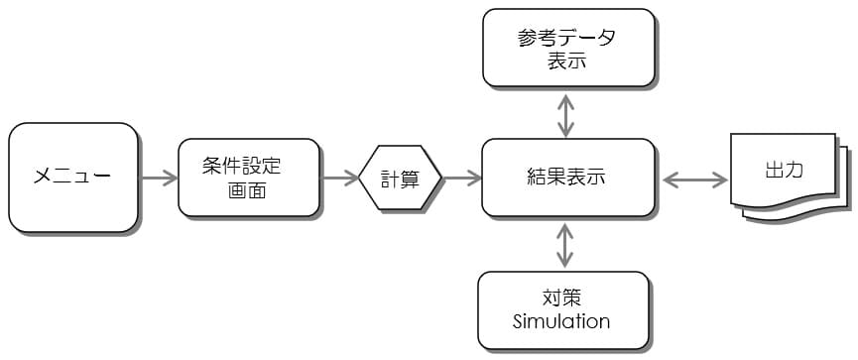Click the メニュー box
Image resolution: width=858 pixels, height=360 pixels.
tap(72, 178)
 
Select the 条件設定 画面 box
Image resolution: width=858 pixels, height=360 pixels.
tap(250, 179)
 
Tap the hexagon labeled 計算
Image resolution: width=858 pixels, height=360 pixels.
tap(400, 179)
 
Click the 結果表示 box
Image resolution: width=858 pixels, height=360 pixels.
tap(567, 179)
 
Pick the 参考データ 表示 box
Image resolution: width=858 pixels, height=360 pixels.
tap(567, 48)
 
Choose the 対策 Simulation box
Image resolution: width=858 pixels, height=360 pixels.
tap(562, 310)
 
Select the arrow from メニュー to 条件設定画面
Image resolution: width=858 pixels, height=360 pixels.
tap(158, 179)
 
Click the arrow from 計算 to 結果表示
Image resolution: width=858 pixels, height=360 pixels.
tap(461, 179)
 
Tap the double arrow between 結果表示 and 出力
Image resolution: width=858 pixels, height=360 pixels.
tap(693, 180)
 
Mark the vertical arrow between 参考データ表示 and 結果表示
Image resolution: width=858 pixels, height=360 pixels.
tap(565, 115)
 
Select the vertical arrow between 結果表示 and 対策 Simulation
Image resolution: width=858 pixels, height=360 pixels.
tap(565, 244)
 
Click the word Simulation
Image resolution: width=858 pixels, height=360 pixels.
tap(561, 322)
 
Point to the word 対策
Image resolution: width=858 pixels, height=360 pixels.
tap(561, 298)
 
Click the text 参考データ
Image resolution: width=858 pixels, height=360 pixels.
tap(566, 37)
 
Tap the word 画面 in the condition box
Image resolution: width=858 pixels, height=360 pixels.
tap(248, 190)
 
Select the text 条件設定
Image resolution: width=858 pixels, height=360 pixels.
tap(249, 167)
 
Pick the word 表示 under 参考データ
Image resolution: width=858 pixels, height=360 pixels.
tap(566, 60)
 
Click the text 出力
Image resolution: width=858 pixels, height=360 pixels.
tap(785, 170)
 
